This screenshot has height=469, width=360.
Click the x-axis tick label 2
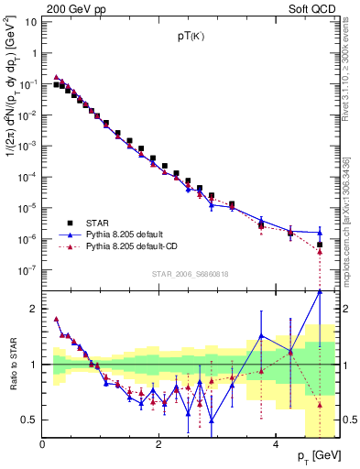pos(158,445)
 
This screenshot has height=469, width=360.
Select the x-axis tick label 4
pos(276,445)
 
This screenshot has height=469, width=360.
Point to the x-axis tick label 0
pos(42,445)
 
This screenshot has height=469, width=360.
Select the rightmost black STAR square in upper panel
pos(320,245)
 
